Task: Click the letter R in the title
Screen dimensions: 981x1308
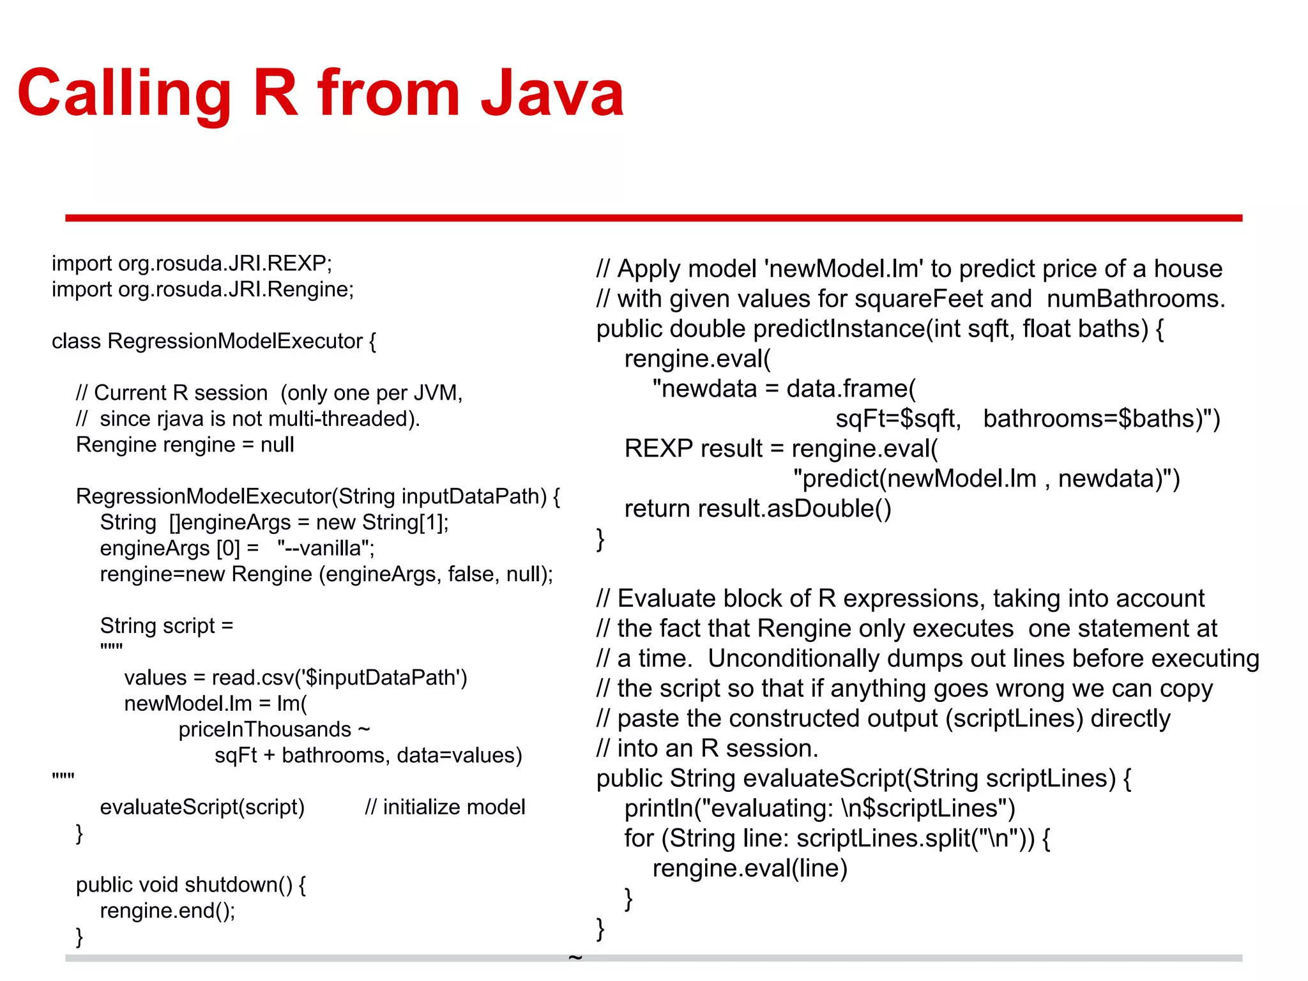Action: [276, 95]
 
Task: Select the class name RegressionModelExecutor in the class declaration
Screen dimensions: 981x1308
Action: [235, 341]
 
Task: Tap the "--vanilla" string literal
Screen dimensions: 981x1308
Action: [325, 548]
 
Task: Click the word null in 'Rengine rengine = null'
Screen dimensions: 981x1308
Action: [277, 445]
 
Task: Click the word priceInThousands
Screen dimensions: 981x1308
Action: [265, 729]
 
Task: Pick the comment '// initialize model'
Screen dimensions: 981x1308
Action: [445, 807]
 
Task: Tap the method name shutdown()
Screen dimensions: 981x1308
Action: [240, 885]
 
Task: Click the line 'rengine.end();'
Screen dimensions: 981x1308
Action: [167, 910]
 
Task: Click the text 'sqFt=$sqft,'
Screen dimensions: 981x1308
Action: [898, 419]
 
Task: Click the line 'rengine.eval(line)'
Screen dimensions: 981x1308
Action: [750, 869]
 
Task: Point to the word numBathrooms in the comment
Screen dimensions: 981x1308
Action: [1134, 299]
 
